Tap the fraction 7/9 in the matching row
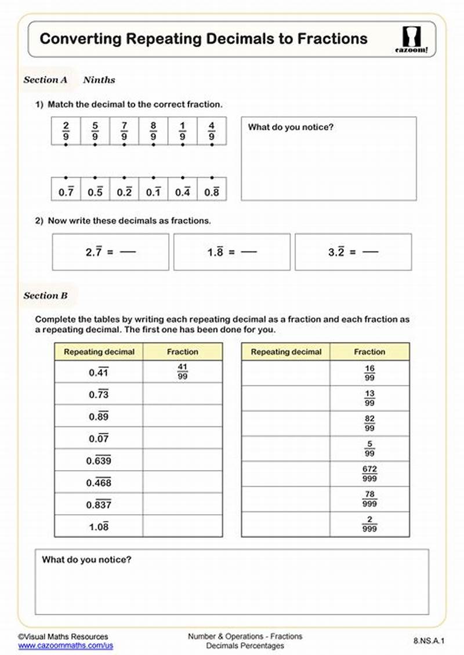pos(124,131)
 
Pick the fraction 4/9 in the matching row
pos(212,131)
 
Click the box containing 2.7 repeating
pos(111,252)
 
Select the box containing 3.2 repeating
pos(353,252)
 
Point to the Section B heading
pos(45,296)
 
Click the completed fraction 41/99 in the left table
pos(182,372)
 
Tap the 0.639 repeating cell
pos(99,461)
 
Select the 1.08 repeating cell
pos(99,527)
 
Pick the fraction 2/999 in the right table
pos(369,524)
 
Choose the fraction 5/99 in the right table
pos(369,449)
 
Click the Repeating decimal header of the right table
pos(285,352)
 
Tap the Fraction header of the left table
pos(182,352)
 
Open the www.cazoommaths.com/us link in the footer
pos(66,645)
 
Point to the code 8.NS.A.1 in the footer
pos(429,641)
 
